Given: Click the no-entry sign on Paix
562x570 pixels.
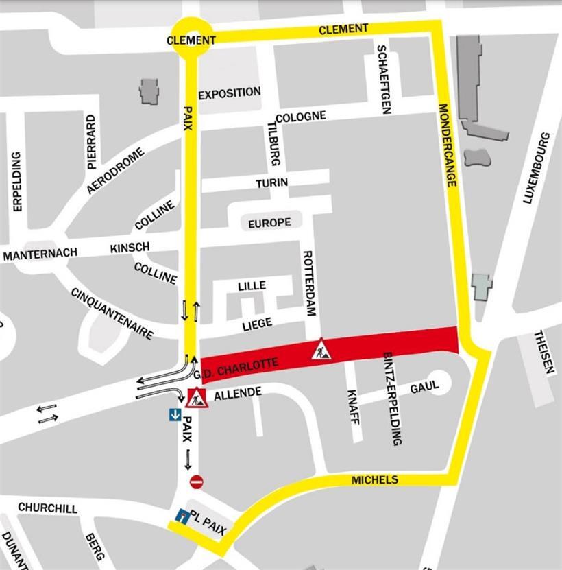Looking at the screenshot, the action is (197, 482).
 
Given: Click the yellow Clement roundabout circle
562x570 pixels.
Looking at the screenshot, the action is (191, 39).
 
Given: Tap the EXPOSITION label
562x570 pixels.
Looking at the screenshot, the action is (230, 92).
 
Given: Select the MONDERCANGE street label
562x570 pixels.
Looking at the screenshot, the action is (447, 145).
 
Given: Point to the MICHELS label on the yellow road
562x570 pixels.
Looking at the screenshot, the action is (374, 480).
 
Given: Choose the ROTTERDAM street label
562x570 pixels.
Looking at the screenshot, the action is (309, 283).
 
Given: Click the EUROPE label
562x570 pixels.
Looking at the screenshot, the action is (269, 222).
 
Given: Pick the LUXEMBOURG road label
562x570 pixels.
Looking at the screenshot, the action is (537, 168).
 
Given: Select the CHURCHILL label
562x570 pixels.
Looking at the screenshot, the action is (47, 508).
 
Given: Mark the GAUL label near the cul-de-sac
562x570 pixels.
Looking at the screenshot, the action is (424, 388).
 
